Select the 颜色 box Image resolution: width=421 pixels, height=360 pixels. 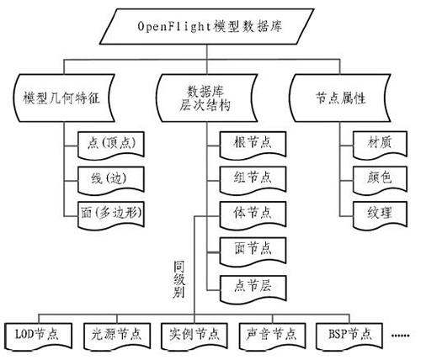(374, 177)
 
